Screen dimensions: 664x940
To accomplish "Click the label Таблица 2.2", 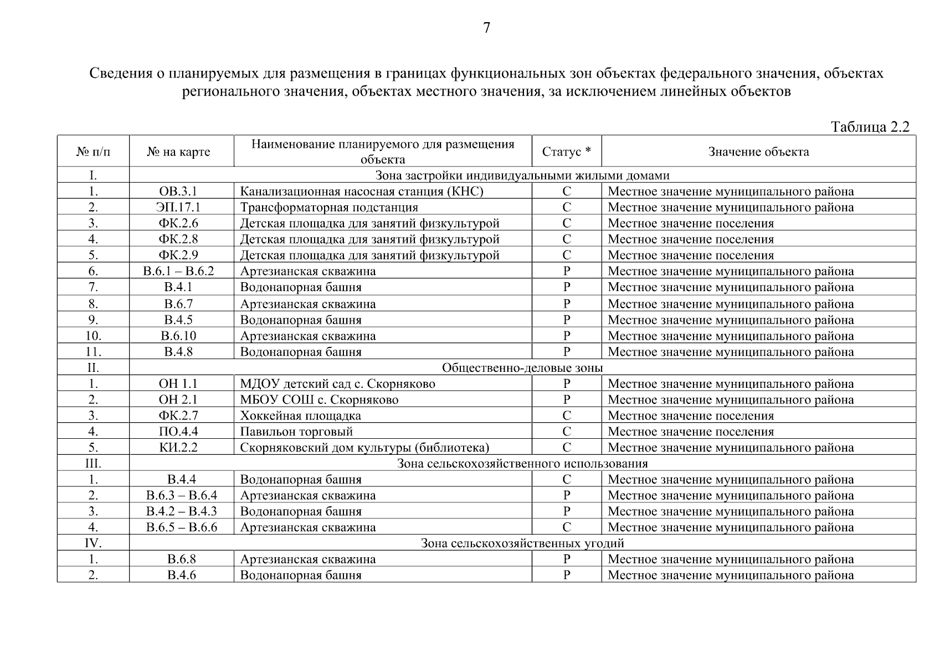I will [x=870, y=127].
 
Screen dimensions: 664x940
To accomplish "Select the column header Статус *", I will [x=566, y=152].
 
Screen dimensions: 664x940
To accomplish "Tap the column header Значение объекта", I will [x=758, y=152].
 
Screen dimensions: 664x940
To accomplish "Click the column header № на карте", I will [x=178, y=152].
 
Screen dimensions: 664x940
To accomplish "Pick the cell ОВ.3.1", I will [x=178, y=191].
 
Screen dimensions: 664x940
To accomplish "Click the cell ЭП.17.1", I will [x=178, y=207].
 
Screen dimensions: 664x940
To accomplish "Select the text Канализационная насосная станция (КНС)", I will [x=361, y=191].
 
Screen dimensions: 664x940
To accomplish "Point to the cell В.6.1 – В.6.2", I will [x=178, y=271].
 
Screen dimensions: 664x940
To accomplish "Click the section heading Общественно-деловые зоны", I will [x=522, y=368].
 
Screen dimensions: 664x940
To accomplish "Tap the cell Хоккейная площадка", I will [x=300, y=416].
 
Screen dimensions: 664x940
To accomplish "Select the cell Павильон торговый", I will [x=296, y=432].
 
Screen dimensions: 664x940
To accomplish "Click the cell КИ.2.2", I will [x=178, y=448].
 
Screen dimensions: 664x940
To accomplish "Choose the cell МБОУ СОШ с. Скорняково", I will [x=319, y=400].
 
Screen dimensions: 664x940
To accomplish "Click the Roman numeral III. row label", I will [x=93, y=464].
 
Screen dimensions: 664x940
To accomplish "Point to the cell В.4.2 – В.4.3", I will [x=181, y=511].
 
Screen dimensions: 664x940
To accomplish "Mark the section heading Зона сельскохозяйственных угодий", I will [x=522, y=543].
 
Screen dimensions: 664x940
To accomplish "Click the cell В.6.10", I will [x=178, y=336].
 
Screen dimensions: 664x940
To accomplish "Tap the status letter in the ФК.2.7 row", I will [x=566, y=416].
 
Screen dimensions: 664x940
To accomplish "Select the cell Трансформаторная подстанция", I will [x=329, y=207].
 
